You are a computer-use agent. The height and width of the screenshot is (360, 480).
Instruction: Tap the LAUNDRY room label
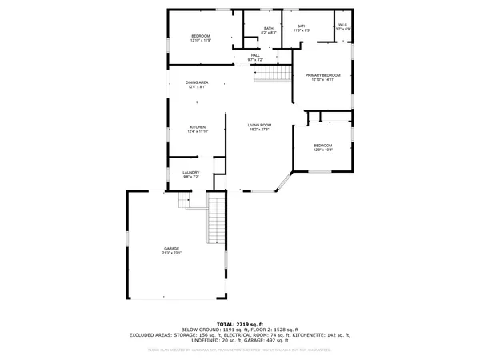tap(190, 172)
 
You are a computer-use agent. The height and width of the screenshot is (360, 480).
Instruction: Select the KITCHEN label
tap(198, 127)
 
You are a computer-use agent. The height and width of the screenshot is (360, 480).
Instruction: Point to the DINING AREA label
tap(197, 82)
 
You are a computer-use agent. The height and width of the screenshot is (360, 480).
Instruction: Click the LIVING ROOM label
tap(259, 125)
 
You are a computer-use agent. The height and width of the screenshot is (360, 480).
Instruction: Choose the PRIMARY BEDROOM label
tap(323, 75)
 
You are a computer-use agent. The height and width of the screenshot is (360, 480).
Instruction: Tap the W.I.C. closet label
tap(342, 25)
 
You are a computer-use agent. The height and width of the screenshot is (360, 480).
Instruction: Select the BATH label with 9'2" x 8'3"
tap(268, 29)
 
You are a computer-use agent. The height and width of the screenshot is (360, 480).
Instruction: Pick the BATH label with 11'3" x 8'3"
tap(302, 26)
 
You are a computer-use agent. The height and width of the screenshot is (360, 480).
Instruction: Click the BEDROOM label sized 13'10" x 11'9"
tap(200, 37)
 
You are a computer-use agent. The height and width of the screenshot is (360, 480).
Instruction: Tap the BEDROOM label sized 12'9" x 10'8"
tap(323, 145)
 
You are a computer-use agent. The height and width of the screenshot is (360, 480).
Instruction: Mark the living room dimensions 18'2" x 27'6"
tap(259, 130)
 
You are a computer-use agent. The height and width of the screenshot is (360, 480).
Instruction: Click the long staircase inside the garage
tap(216, 219)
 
